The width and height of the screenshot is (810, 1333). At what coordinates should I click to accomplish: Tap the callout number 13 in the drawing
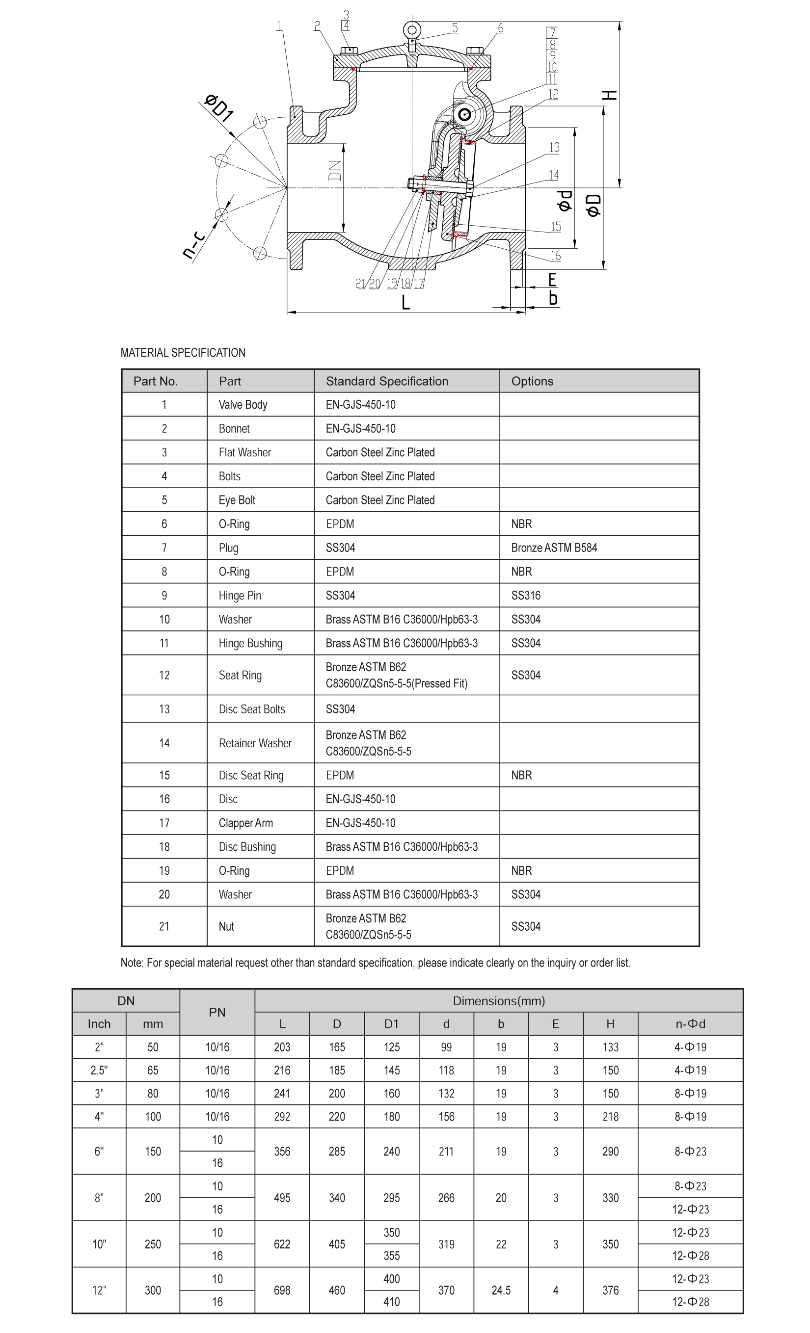coord(553,147)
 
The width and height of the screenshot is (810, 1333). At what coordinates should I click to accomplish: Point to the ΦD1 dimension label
coord(219,107)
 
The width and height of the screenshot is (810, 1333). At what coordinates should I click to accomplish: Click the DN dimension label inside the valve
coord(335,170)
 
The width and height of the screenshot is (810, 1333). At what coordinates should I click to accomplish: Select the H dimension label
coord(610,95)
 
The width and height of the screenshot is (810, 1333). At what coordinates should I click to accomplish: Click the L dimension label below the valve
coord(405,303)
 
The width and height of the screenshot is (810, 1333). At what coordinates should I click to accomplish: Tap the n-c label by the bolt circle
coord(193,244)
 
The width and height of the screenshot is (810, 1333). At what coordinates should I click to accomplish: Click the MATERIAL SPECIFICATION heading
coord(183,353)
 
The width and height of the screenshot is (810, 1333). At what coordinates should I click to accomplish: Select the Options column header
coord(532,381)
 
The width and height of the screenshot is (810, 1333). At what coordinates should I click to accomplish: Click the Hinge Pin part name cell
coord(240,596)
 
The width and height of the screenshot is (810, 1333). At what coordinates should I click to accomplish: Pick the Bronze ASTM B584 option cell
coord(554,548)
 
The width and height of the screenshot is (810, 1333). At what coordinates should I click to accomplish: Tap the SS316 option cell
coord(526,596)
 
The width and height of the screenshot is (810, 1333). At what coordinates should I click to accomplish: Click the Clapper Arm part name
coord(246,823)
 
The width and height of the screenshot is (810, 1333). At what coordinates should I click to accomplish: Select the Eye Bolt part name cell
coord(237,500)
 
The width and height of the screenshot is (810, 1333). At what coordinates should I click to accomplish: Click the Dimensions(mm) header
coord(499,1001)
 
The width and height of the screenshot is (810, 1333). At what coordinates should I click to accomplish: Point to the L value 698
coord(282,1290)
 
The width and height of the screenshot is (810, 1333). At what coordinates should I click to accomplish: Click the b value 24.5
coord(501,1290)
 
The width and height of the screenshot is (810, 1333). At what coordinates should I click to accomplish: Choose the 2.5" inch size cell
coord(99,1070)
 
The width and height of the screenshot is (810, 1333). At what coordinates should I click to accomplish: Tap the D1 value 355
coord(391,1255)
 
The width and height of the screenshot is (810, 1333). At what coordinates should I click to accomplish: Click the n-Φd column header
coord(690,1023)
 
